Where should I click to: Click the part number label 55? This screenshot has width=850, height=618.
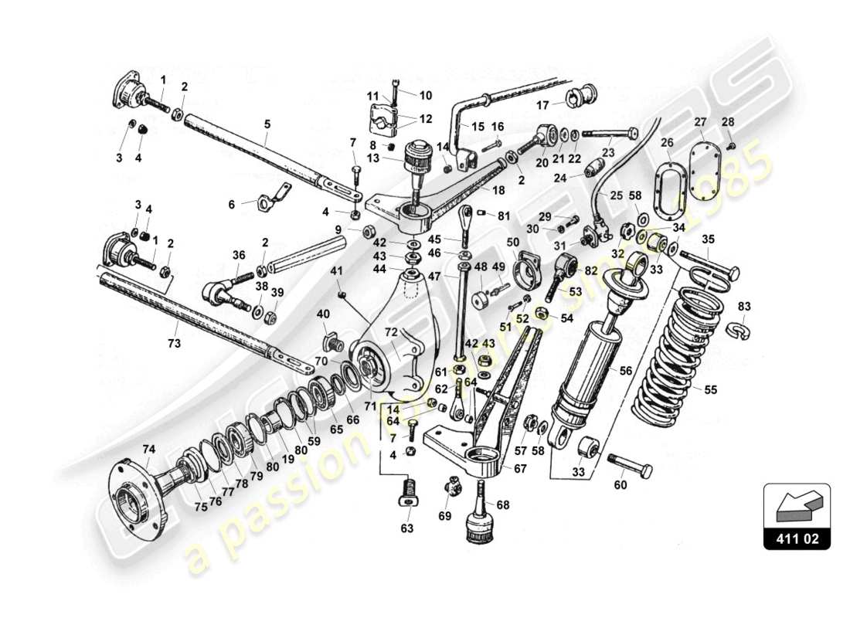(710, 390)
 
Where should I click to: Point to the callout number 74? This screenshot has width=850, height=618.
(148, 449)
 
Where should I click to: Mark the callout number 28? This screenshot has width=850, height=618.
(727, 122)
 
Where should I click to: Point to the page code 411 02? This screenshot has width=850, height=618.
(797, 538)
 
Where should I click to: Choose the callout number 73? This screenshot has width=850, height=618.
(175, 342)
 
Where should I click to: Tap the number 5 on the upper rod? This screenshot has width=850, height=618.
(267, 123)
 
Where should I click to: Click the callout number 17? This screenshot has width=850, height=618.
(543, 106)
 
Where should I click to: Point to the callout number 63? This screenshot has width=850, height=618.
(406, 528)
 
